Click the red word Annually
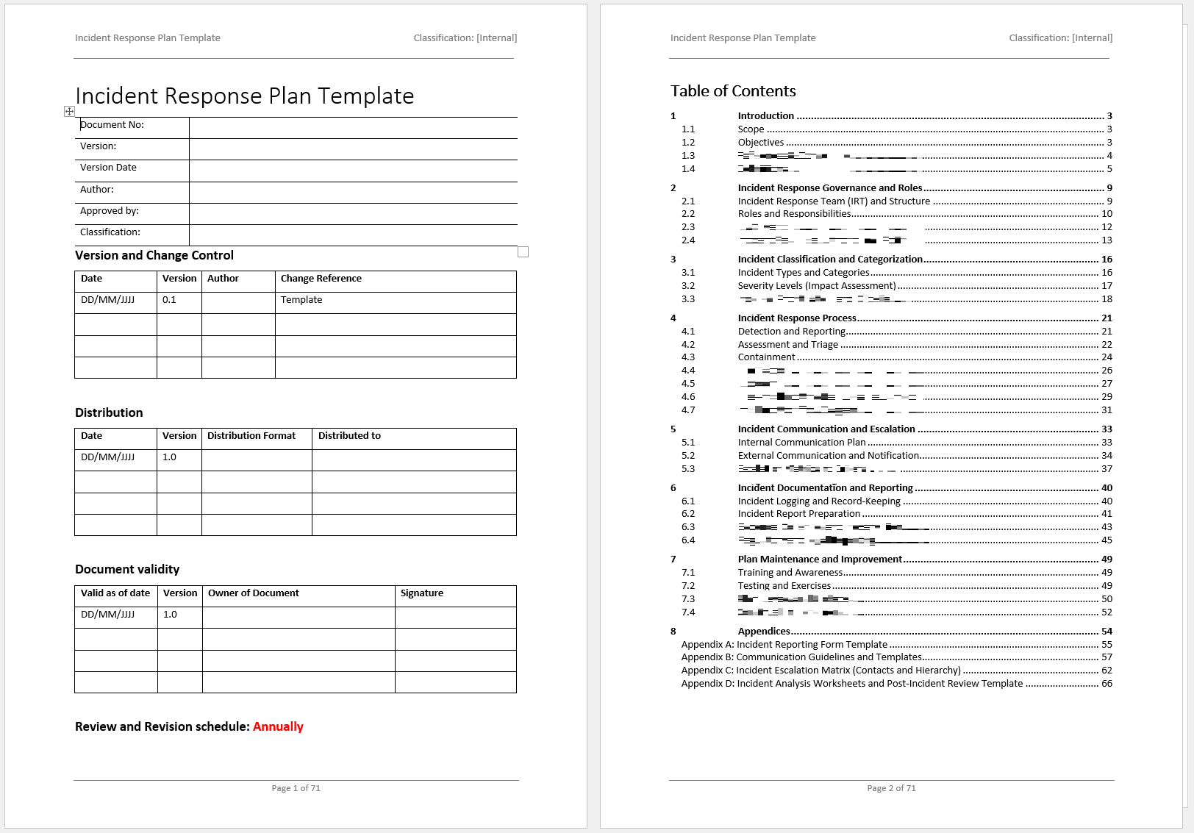pyautogui.click(x=278, y=726)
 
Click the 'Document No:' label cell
pyautogui.click(x=112, y=125)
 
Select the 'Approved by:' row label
pyautogui.click(x=110, y=211)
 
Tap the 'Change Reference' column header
pyautogui.click(x=321, y=279)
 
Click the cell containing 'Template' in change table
pyautogui.click(x=301, y=300)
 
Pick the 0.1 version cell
pyautogui.click(x=170, y=300)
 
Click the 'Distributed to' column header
pyautogui.click(x=349, y=436)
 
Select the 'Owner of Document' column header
pyautogui.click(x=254, y=593)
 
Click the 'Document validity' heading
pyautogui.click(x=127, y=569)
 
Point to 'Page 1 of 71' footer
pyautogui.click(x=296, y=788)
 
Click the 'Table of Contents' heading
pyautogui.click(x=733, y=91)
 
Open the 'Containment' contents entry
pyautogui.click(x=766, y=357)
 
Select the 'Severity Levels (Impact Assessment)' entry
pyautogui.click(x=817, y=286)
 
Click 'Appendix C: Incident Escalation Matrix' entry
pyautogui.click(x=821, y=671)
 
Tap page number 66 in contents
pyautogui.click(x=1107, y=684)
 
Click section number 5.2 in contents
pyautogui.click(x=688, y=456)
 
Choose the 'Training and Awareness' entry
pyautogui.click(x=790, y=573)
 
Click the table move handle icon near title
pyautogui.click(x=69, y=111)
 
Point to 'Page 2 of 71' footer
pyautogui.click(x=891, y=788)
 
